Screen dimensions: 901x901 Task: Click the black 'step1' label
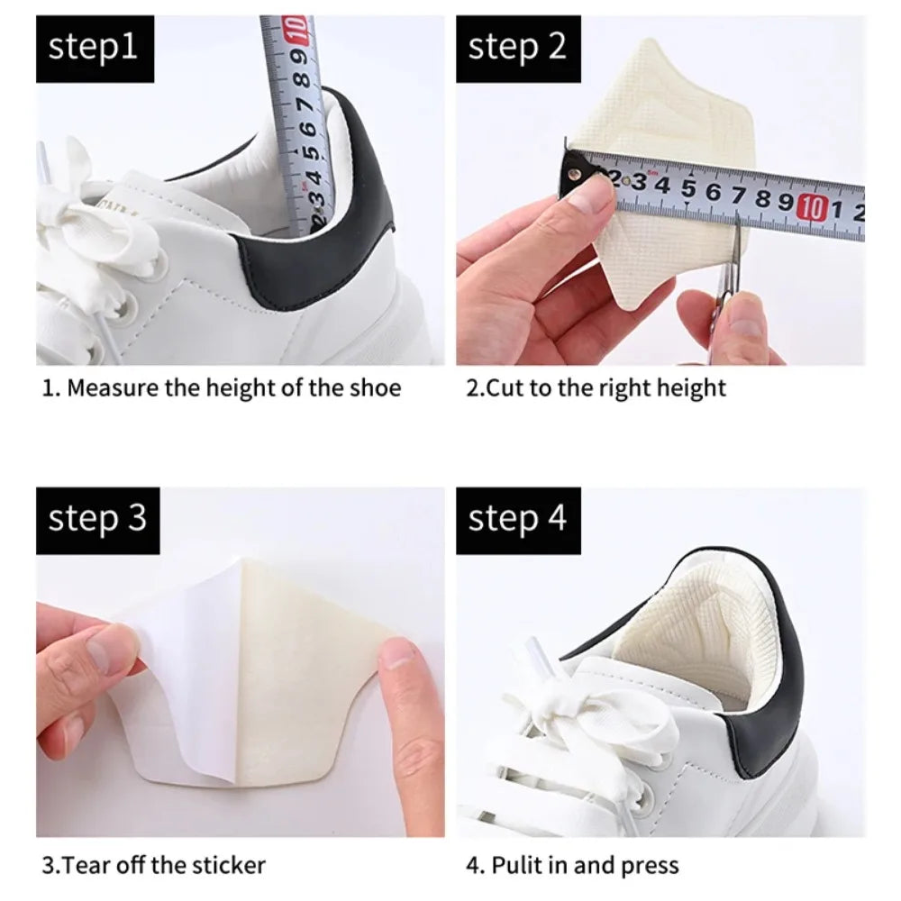[95, 47]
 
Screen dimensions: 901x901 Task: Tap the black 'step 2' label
[517, 47]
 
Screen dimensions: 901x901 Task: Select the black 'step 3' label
[96, 520]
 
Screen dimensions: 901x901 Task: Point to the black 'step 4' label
[517, 520]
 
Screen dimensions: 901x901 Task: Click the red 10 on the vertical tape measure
[296, 29]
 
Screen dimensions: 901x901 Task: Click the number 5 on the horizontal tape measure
[687, 188]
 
